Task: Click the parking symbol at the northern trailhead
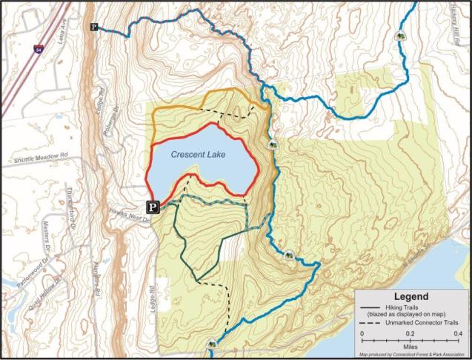coord(94,27)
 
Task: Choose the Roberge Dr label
coord(116,121)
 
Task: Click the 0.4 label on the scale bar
coord(458,333)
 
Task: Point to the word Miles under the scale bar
coord(410,346)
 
